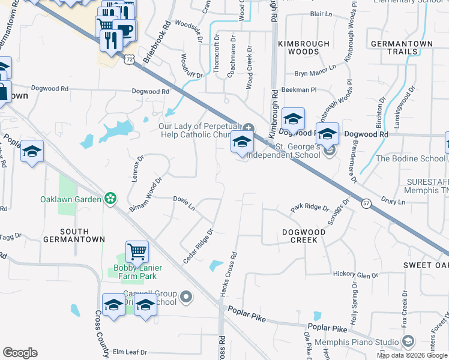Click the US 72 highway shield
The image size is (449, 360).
tap(130, 59)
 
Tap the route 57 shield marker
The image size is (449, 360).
tap(367, 204)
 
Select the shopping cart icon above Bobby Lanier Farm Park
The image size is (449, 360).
tap(137, 251)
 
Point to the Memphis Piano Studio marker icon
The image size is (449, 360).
tap(408, 342)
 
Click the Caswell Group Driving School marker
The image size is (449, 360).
tap(186, 296)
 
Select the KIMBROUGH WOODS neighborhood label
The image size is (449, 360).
tap(303, 48)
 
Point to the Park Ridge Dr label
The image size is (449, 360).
tap(310, 208)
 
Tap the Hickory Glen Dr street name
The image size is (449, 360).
tap(355, 274)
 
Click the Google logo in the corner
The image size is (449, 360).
tap(20, 353)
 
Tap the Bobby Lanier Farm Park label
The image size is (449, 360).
tap(135, 272)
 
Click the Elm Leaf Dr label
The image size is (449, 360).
tap(130, 352)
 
